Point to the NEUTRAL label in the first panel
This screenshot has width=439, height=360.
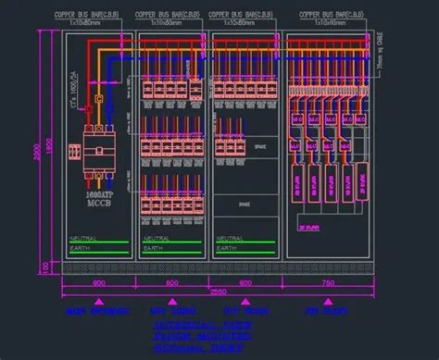(83, 239)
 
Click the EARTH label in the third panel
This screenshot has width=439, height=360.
(229, 248)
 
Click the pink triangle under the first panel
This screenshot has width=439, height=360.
(97, 302)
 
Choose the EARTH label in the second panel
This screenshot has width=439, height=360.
(156, 248)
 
